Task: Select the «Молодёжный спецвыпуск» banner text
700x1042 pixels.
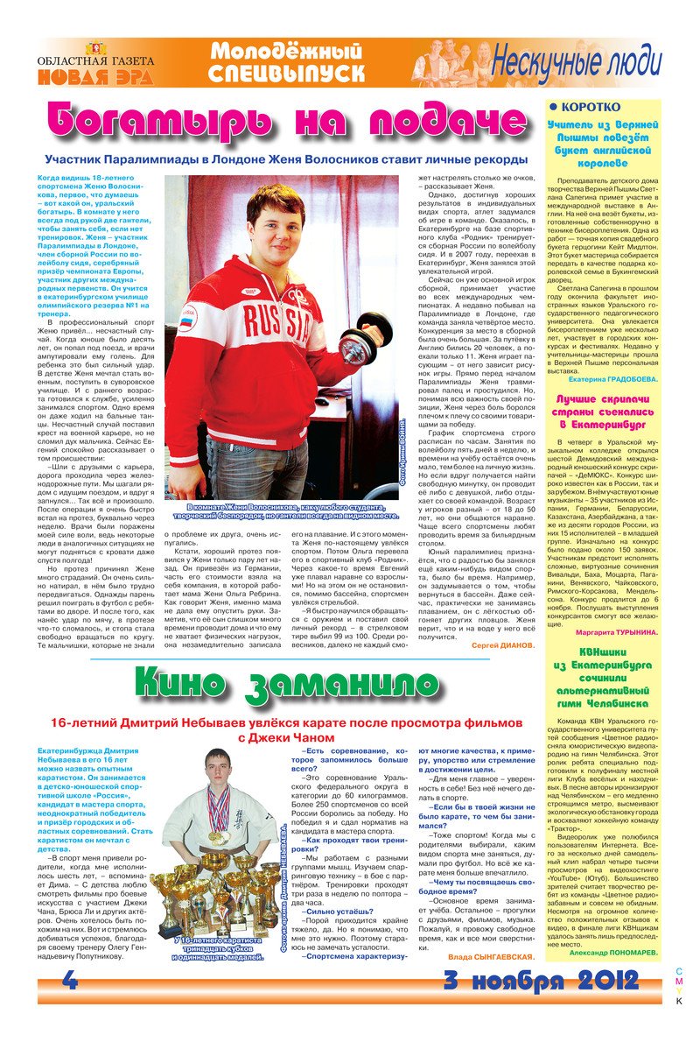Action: click(286, 63)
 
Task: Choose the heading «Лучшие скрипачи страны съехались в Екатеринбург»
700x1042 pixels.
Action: click(601, 412)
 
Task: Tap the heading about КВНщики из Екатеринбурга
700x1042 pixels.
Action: click(601, 684)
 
